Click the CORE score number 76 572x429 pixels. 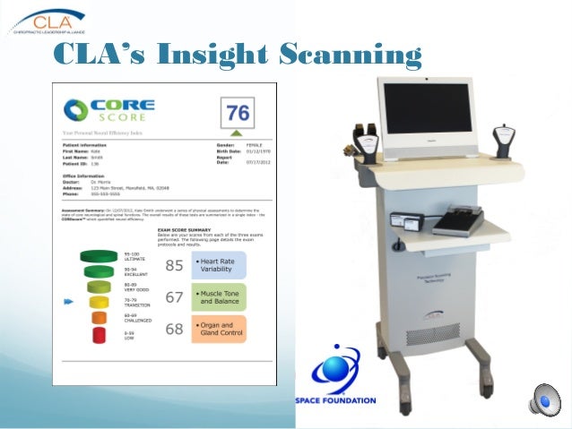click(x=238, y=113)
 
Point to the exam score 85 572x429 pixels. click(x=174, y=265)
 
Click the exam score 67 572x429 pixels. click(x=174, y=297)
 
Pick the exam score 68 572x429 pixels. click(x=174, y=330)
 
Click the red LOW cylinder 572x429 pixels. click(x=99, y=336)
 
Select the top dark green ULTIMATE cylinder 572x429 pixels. click(x=99, y=256)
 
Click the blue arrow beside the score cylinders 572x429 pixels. click(x=68, y=303)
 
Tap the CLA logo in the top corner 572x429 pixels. click(x=45, y=20)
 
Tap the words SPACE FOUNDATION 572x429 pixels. click(x=335, y=400)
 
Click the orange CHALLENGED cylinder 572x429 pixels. click(x=99, y=318)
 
